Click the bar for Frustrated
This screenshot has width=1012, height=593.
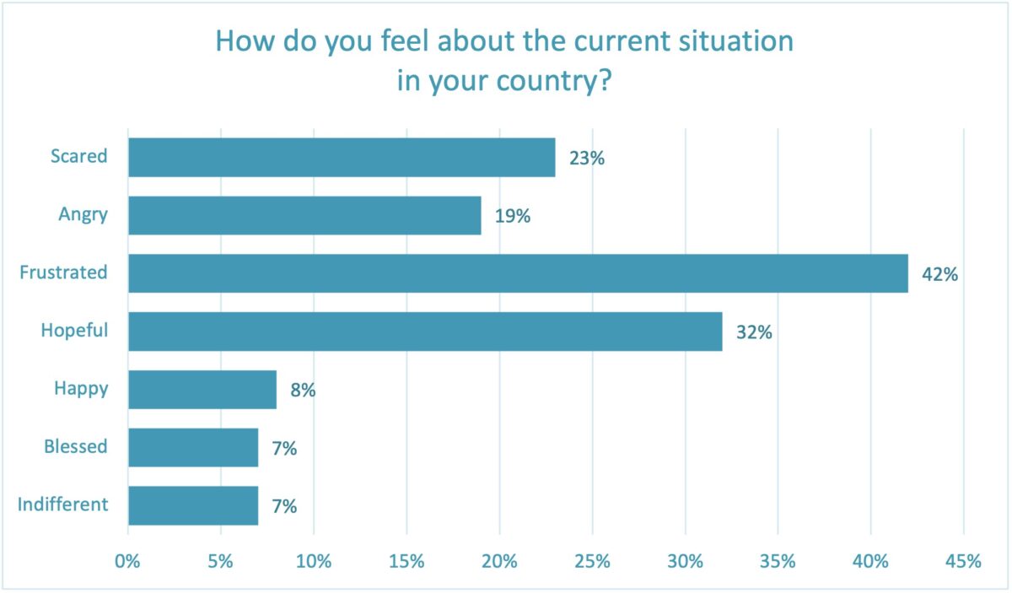tap(518, 273)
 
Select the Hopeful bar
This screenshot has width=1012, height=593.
tap(425, 332)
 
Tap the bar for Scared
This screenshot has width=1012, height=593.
tap(342, 157)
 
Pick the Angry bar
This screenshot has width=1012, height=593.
tap(304, 215)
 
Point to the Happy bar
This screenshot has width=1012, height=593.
tap(202, 390)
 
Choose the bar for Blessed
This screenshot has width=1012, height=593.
tap(193, 448)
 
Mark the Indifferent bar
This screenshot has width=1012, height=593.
tap(193, 506)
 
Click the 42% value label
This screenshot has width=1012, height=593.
tap(939, 274)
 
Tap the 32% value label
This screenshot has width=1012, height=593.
tap(754, 332)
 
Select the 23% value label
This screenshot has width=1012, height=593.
tap(587, 158)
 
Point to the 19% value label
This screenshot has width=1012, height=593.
tap(512, 216)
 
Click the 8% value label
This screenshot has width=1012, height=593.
tap(303, 391)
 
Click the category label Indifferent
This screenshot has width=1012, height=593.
tap(62, 505)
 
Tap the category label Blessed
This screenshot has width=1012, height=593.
tap(76, 447)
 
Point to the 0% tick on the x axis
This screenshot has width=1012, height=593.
tap(128, 561)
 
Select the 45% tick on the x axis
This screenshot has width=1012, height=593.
tap(963, 561)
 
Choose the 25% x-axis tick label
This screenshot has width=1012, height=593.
tap(592, 561)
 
